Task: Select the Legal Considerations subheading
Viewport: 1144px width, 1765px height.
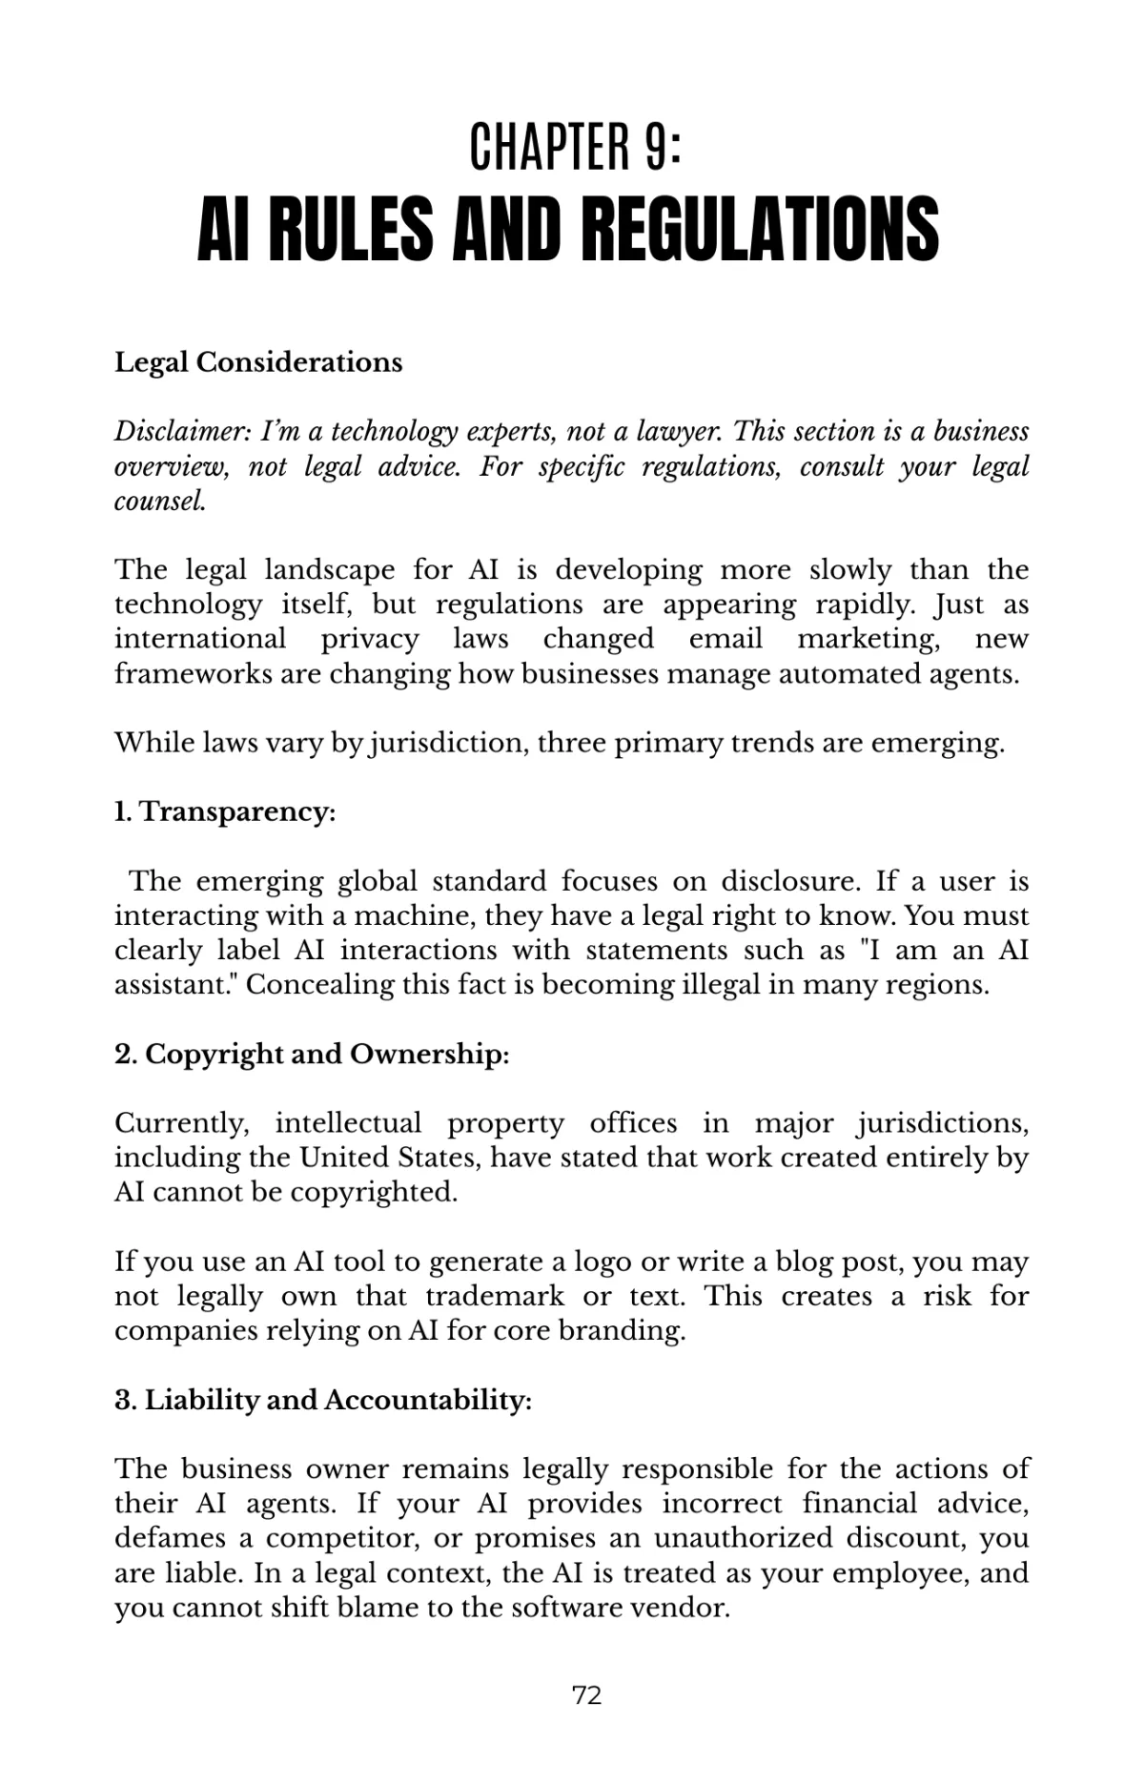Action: [x=258, y=362]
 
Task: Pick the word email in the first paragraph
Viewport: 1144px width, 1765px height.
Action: [x=725, y=638]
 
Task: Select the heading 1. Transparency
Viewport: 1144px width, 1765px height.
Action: [x=225, y=811]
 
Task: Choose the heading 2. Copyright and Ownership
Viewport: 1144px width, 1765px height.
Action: [x=312, y=1054]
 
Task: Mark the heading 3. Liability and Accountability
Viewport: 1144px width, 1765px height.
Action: [x=323, y=1400]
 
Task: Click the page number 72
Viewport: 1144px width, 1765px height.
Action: [x=586, y=1694]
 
